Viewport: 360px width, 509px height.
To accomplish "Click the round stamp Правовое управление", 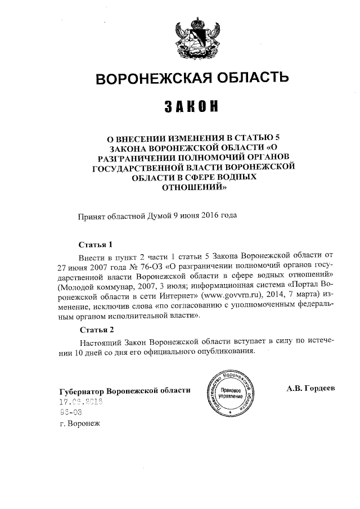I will (231, 393).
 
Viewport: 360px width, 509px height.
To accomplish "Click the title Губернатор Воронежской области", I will (124, 390).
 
